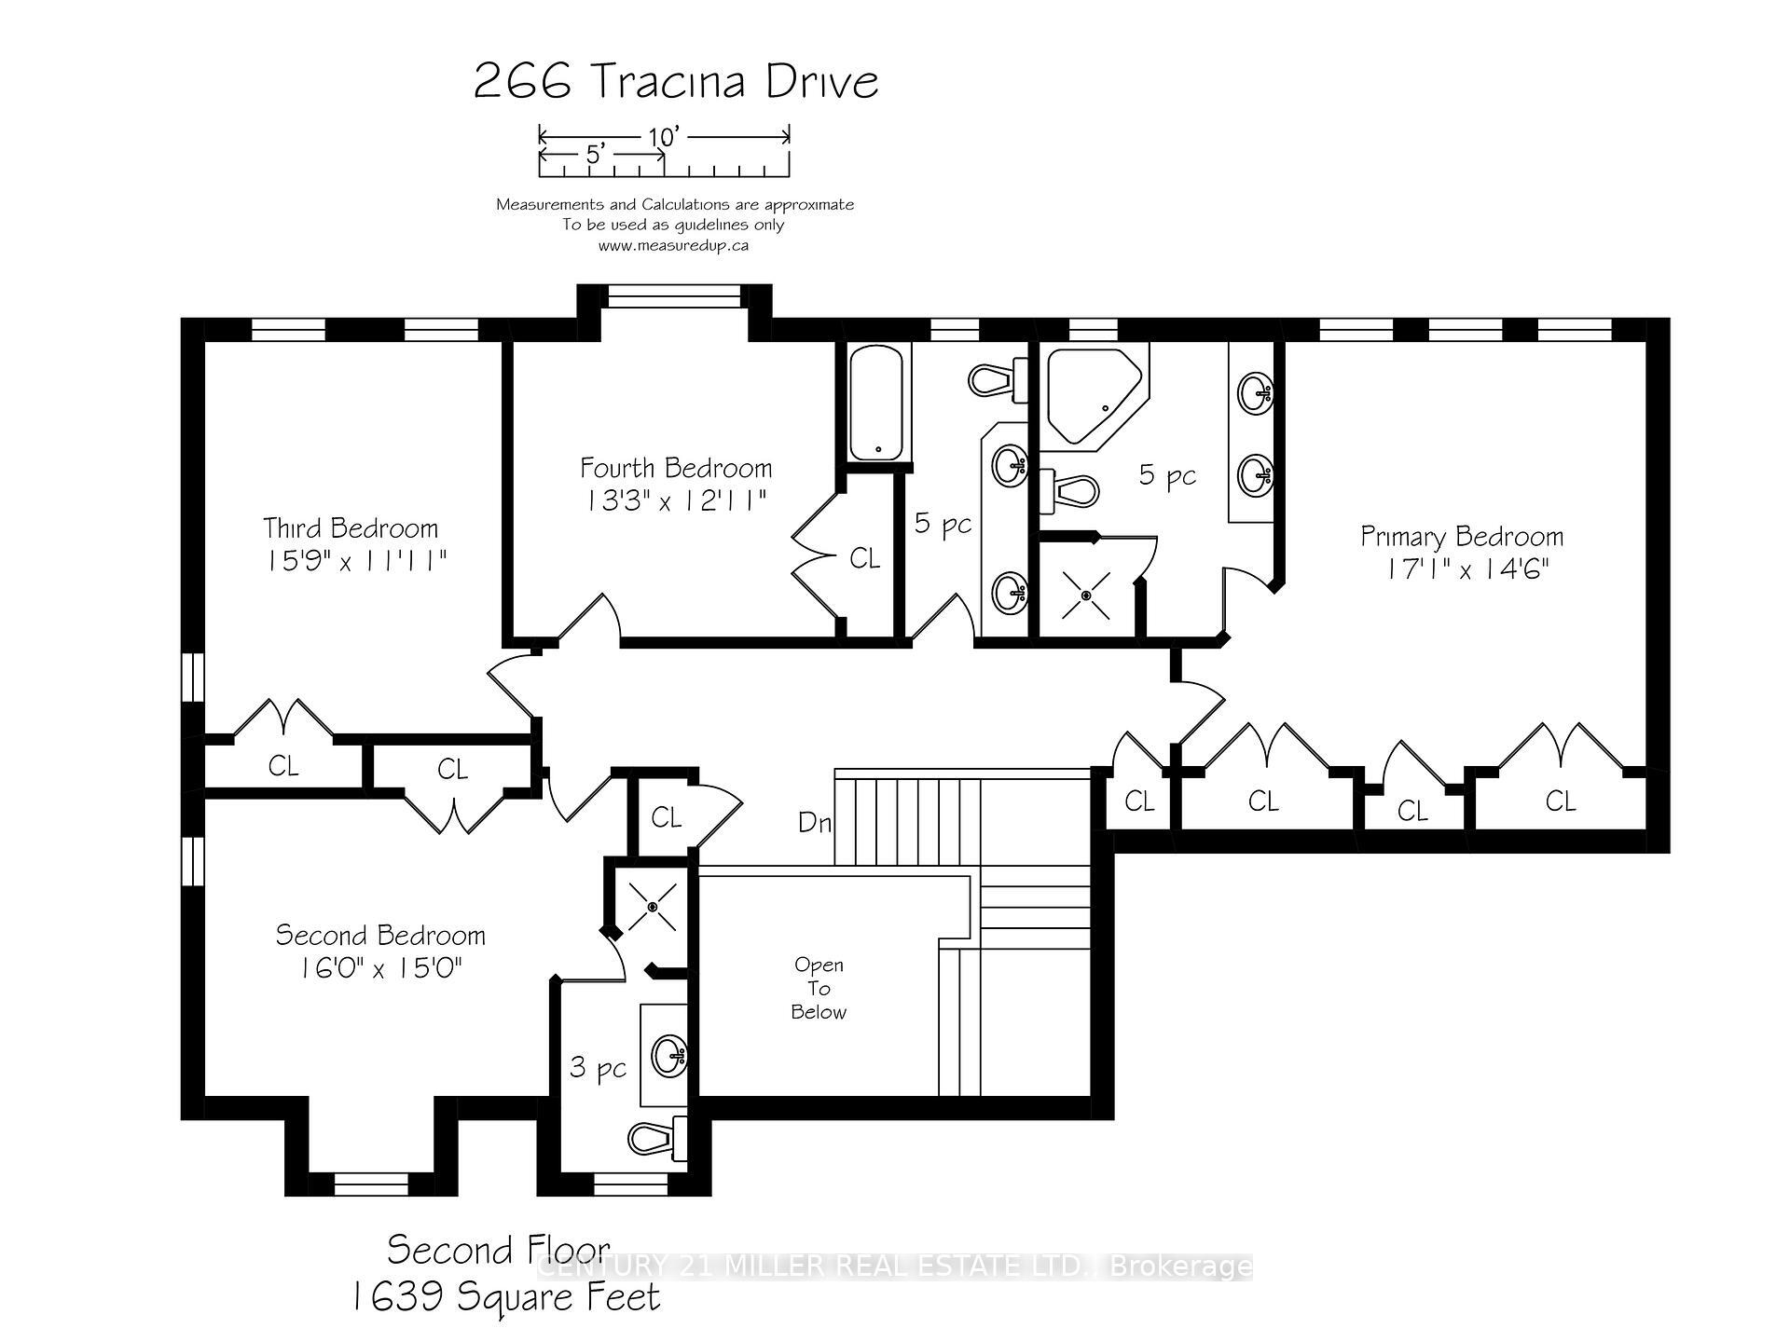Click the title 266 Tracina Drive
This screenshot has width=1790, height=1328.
(676, 81)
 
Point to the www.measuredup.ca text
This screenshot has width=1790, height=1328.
(673, 246)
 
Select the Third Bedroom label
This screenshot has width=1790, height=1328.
(351, 528)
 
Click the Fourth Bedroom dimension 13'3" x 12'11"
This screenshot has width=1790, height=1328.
(676, 500)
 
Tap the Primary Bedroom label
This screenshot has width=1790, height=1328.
(1461, 537)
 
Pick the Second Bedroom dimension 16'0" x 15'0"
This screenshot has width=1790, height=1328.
(380, 968)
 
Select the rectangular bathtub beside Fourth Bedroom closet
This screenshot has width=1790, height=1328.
(876, 403)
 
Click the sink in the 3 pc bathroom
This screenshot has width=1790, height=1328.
(669, 1055)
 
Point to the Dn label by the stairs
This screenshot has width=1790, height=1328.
(814, 822)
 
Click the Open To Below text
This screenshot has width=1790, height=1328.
(819, 989)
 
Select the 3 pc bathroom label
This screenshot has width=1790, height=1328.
(598, 1068)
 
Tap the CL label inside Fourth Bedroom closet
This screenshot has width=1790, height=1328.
(864, 558)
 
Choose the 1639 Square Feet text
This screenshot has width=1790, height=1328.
(506, 1296)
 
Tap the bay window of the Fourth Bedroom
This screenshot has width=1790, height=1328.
(674, 296)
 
